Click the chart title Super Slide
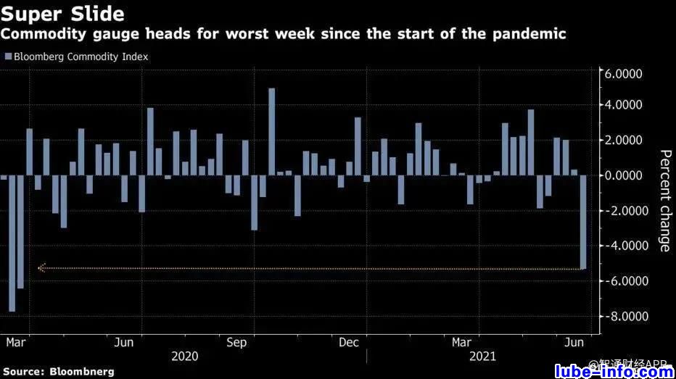pos(63,14)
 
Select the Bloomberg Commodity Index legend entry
pos(76,57)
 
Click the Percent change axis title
pos(664,201)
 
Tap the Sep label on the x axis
pos(236,342)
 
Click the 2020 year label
pos(185,357)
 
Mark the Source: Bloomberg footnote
pos(58,372)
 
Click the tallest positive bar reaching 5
pos(272,131)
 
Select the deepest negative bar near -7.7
pos(12,243)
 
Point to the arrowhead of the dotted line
pos(41,268)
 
